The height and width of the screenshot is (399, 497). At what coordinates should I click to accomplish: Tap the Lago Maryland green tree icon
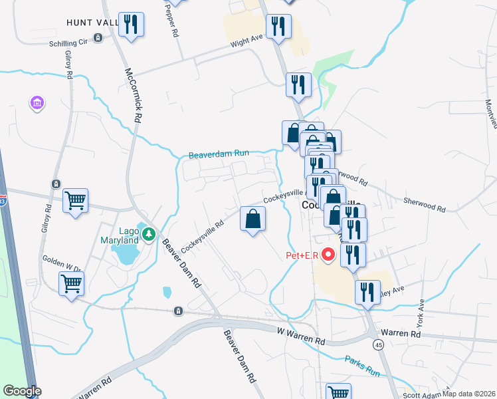click(x=149, y=233)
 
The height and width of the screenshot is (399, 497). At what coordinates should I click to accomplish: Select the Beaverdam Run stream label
click(x=219, y=154)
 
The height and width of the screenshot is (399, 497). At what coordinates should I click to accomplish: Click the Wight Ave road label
click(x=247, y=41)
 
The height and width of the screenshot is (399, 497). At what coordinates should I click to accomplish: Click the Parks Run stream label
click(x=361, y=366)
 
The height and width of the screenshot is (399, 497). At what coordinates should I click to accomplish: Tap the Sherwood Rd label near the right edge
click(x=423, y=199)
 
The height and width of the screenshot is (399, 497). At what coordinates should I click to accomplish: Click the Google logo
click(x=22, y=391)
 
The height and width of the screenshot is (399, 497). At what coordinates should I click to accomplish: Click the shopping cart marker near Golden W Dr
click(x=72, y=284)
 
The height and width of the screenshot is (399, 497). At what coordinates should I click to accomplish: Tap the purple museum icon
click(x=37, y=103)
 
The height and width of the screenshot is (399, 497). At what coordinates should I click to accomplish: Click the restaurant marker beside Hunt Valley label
click(x=131, y=25)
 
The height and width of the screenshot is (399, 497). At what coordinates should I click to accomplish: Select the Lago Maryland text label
click(x=120, y=233)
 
